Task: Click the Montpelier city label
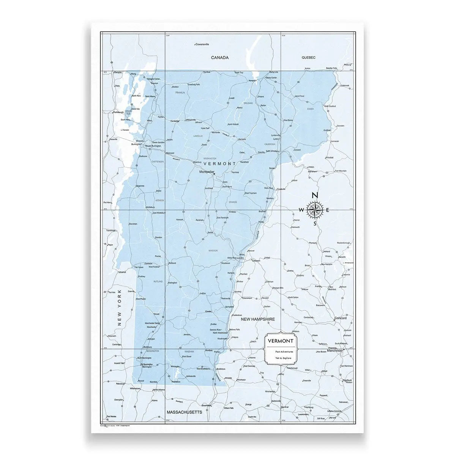click(x=208, y=172)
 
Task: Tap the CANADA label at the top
click(x=220, y=58)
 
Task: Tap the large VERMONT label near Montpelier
click(x=220, y=163)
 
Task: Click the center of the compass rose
click(x=315, y=210)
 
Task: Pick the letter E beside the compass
click(x=327, y=210)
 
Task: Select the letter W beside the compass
click(x=301, y=210)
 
